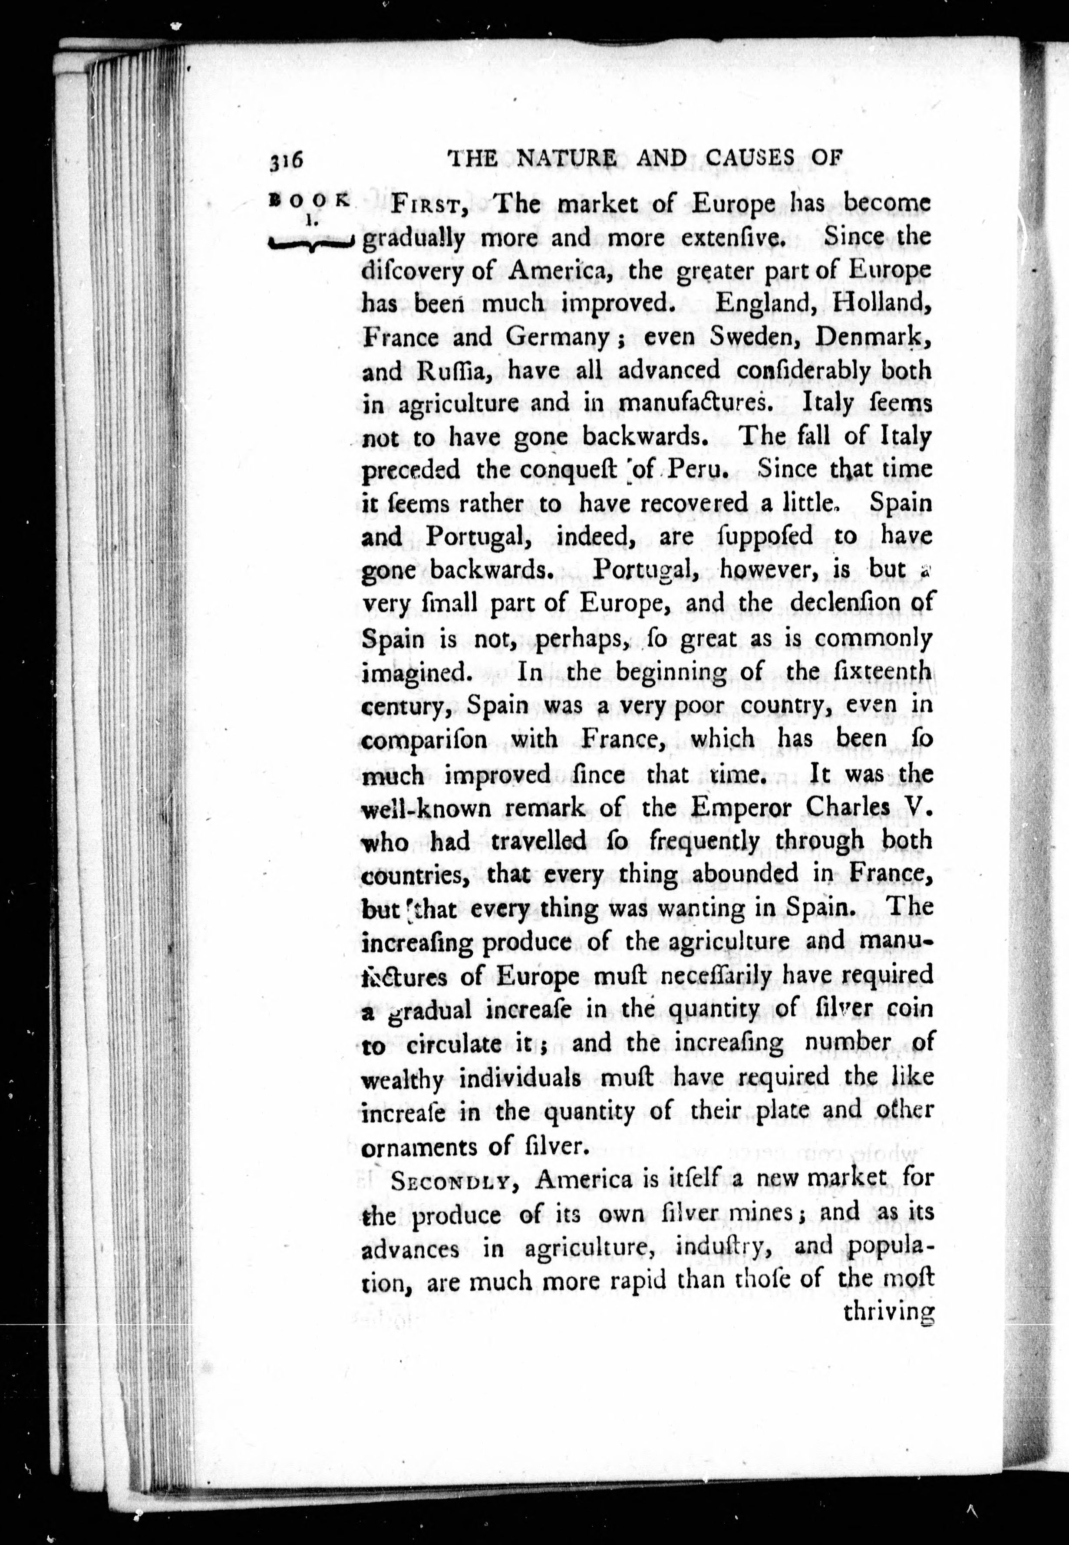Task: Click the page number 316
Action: [287, 160]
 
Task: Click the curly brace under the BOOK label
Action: [310, 244]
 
